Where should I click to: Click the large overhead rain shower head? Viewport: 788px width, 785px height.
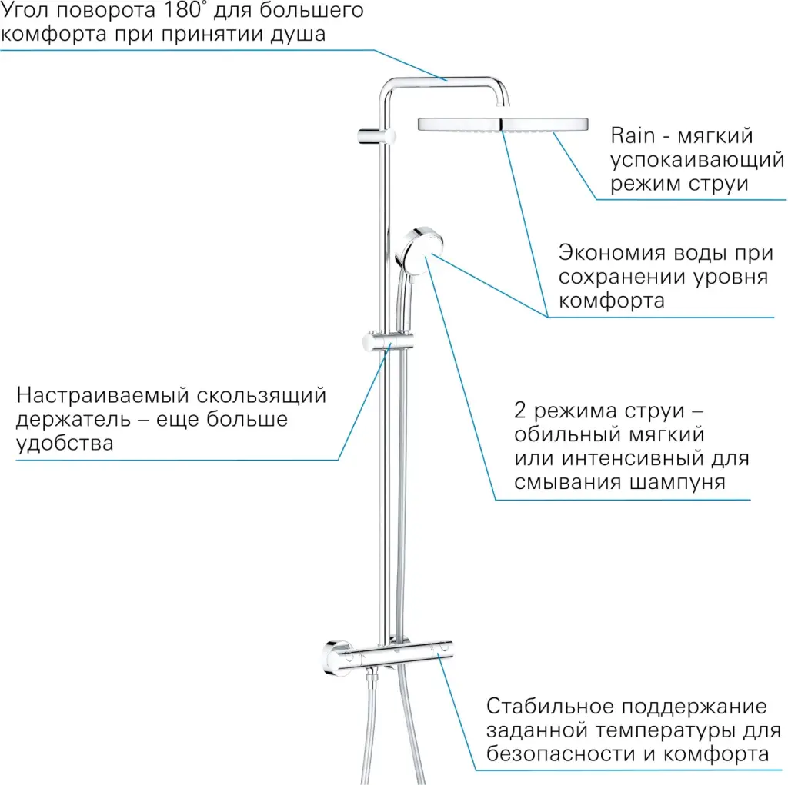(x=503, y=125)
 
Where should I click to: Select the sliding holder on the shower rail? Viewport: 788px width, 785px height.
(x=388, y=341)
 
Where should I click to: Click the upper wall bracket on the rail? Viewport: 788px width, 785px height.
(x=376, y=136)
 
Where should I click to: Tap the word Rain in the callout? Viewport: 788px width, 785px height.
(x=633, y=135)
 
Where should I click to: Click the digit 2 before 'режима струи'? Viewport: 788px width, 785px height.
(x=519, y=411)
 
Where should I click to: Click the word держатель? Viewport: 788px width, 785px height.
(x=73, y=419)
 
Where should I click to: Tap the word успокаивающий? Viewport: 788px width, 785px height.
(x=697, y=160)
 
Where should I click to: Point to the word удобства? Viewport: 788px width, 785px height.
(x=65, y=443)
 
